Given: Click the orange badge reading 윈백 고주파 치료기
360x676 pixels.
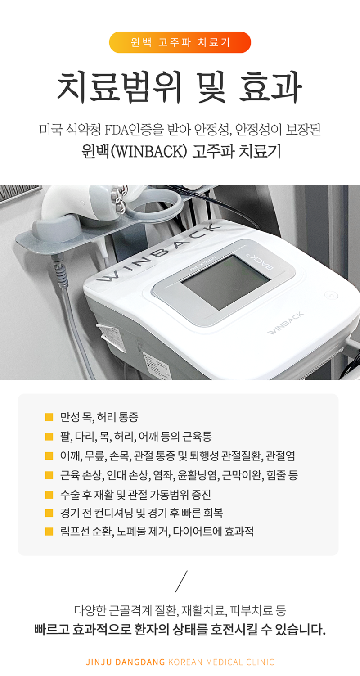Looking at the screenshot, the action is coord(180,42).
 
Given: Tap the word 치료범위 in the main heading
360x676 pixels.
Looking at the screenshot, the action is coord(119,86).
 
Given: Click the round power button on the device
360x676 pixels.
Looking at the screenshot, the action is coord(331,295).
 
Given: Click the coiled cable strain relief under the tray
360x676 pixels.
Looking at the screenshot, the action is coord(60,271).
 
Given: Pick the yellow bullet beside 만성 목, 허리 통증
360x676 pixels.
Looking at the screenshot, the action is coord(49,417).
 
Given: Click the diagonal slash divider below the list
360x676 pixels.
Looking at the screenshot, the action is coord(181,581).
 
